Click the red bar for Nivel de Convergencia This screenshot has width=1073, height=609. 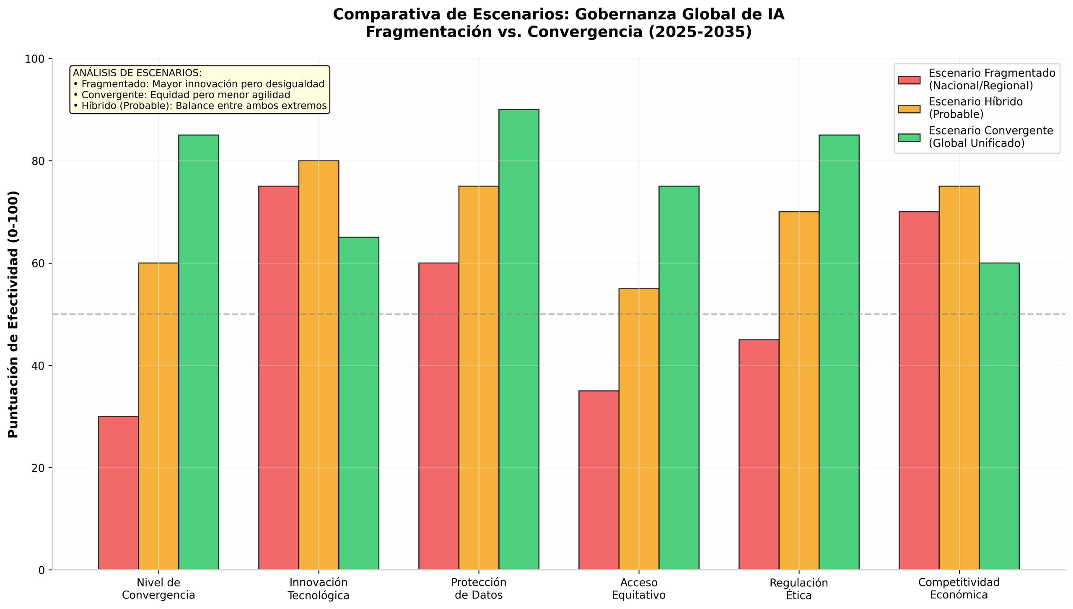pos(119,493)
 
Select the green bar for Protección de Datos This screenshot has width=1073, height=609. pos(519,339)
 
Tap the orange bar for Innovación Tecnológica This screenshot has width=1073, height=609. pos(319,365)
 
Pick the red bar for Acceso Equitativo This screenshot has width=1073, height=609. pos(599,480)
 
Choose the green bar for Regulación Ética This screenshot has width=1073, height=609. pos(839,352)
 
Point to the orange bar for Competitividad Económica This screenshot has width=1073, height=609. pos(959,378)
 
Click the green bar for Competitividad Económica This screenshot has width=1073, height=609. pos(999,416)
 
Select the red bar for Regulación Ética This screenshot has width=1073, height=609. pos(759,455)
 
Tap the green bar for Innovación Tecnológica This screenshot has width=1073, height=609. pos(359,404)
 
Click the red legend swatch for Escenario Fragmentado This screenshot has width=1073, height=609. pos(909,80)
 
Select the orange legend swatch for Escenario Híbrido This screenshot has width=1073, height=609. pos(909,109)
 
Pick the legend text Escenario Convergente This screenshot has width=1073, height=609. pos(991,130)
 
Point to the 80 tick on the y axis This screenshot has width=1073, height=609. pos(50,161)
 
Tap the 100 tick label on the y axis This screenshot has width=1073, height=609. pos(35,59)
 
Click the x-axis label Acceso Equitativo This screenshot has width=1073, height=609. pos(639,588)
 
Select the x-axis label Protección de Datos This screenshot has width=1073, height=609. pos(479,588)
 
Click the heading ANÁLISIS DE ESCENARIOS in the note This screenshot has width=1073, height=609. pos(137,73)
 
